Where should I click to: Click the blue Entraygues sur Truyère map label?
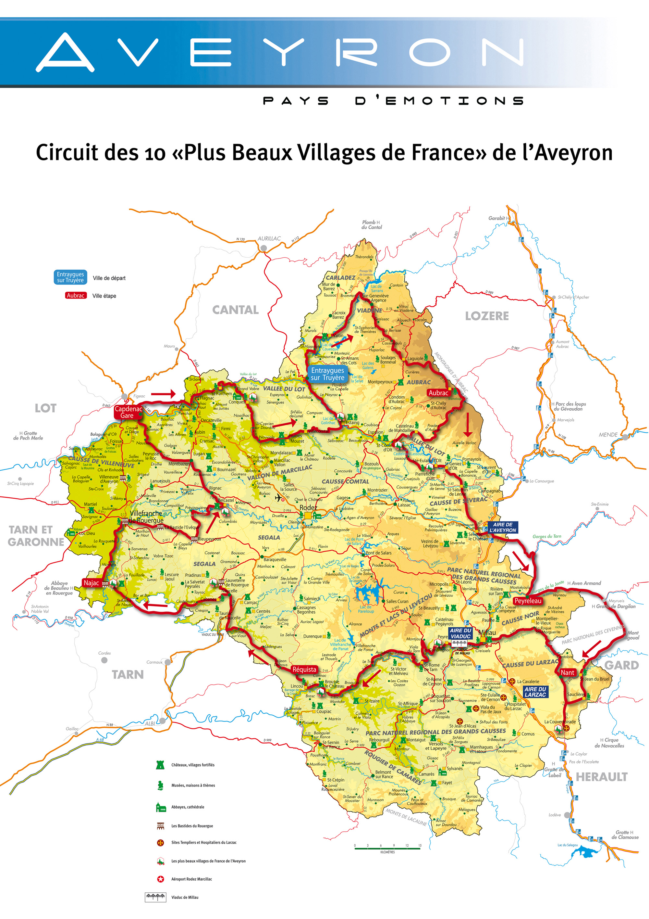[x=327, y=374]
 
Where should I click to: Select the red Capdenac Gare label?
[x=128, y=412]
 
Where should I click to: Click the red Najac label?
[x=91, y=583]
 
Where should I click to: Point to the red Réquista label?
[x=304, y=669]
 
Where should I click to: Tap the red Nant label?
[x=568, y=672]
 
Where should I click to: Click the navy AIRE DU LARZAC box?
[x=535, y=692]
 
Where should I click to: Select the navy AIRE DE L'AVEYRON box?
[x=502, y=527]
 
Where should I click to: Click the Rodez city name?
[x=308, y=507]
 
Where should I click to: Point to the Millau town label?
[x=487, y=632]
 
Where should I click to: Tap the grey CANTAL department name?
[x=235, y=310]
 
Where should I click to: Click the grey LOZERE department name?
[x=487, y=316]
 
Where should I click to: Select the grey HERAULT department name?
[x=601, y=777]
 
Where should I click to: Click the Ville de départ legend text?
[x=109, y=278]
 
